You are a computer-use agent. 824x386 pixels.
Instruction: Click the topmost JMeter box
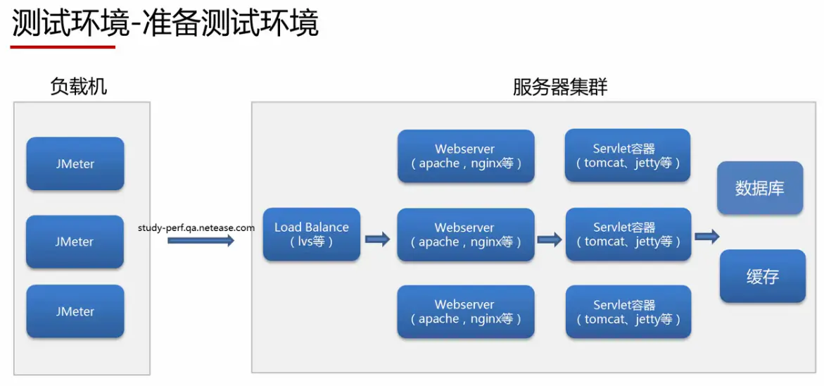coord(75,163)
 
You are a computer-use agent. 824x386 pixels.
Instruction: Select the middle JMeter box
coord(75,242)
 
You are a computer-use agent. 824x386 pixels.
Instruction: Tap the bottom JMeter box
coord(75,311)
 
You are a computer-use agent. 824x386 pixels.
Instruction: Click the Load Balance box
coord(312,235)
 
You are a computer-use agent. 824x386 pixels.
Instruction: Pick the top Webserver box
coord(466,156)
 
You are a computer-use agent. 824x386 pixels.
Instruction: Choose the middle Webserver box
coord(466,235)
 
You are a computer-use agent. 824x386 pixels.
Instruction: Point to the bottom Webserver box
coord(466,312)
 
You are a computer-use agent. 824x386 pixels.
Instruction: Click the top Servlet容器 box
coord(628,156)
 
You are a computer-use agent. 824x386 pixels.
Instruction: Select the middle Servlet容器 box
coord(628,235)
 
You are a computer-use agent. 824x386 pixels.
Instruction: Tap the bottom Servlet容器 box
coord(628,312)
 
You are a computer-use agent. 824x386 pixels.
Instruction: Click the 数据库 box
coord(760,188)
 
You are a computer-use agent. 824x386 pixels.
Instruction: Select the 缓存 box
coord(763,276)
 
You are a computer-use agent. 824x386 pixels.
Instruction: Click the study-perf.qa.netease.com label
coord(196,228)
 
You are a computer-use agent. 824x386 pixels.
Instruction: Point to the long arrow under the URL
coord(201,241)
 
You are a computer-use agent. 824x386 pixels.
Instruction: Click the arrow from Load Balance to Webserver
coord(378,239)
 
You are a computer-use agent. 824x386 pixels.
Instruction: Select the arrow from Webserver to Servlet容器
coord(549,239)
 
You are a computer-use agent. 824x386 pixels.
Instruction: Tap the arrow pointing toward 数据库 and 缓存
coord(706,237)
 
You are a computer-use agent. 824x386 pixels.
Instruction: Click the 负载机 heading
coord(79,86)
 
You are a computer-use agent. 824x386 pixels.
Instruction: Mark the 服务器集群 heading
coord(560,87)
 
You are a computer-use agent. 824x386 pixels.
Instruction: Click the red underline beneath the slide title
coord(63,46)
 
